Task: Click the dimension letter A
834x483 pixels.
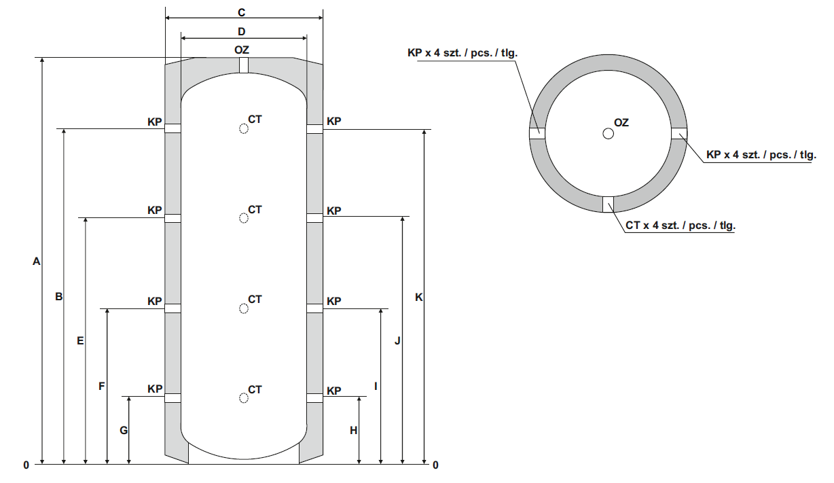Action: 37,262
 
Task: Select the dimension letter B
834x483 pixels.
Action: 59,297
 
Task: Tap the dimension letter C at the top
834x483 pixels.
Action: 242,13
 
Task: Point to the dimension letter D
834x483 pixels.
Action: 242,31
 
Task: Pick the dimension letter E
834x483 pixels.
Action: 80,341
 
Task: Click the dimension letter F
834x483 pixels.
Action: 102,387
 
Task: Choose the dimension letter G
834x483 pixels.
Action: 123,431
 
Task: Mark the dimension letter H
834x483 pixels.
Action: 353,431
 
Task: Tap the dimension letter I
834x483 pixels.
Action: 376,387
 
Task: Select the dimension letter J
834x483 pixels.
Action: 397,341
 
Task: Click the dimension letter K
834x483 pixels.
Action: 419,298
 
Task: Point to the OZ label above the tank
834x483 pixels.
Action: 242,50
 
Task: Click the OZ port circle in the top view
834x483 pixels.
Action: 608,134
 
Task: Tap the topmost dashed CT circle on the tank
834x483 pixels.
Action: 243,129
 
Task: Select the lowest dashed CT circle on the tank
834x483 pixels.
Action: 243,398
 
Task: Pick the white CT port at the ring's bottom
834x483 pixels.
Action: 608,204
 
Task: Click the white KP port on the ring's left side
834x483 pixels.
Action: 537,134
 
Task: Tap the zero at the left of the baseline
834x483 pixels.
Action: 26,465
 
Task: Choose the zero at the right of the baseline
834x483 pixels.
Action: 435,465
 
